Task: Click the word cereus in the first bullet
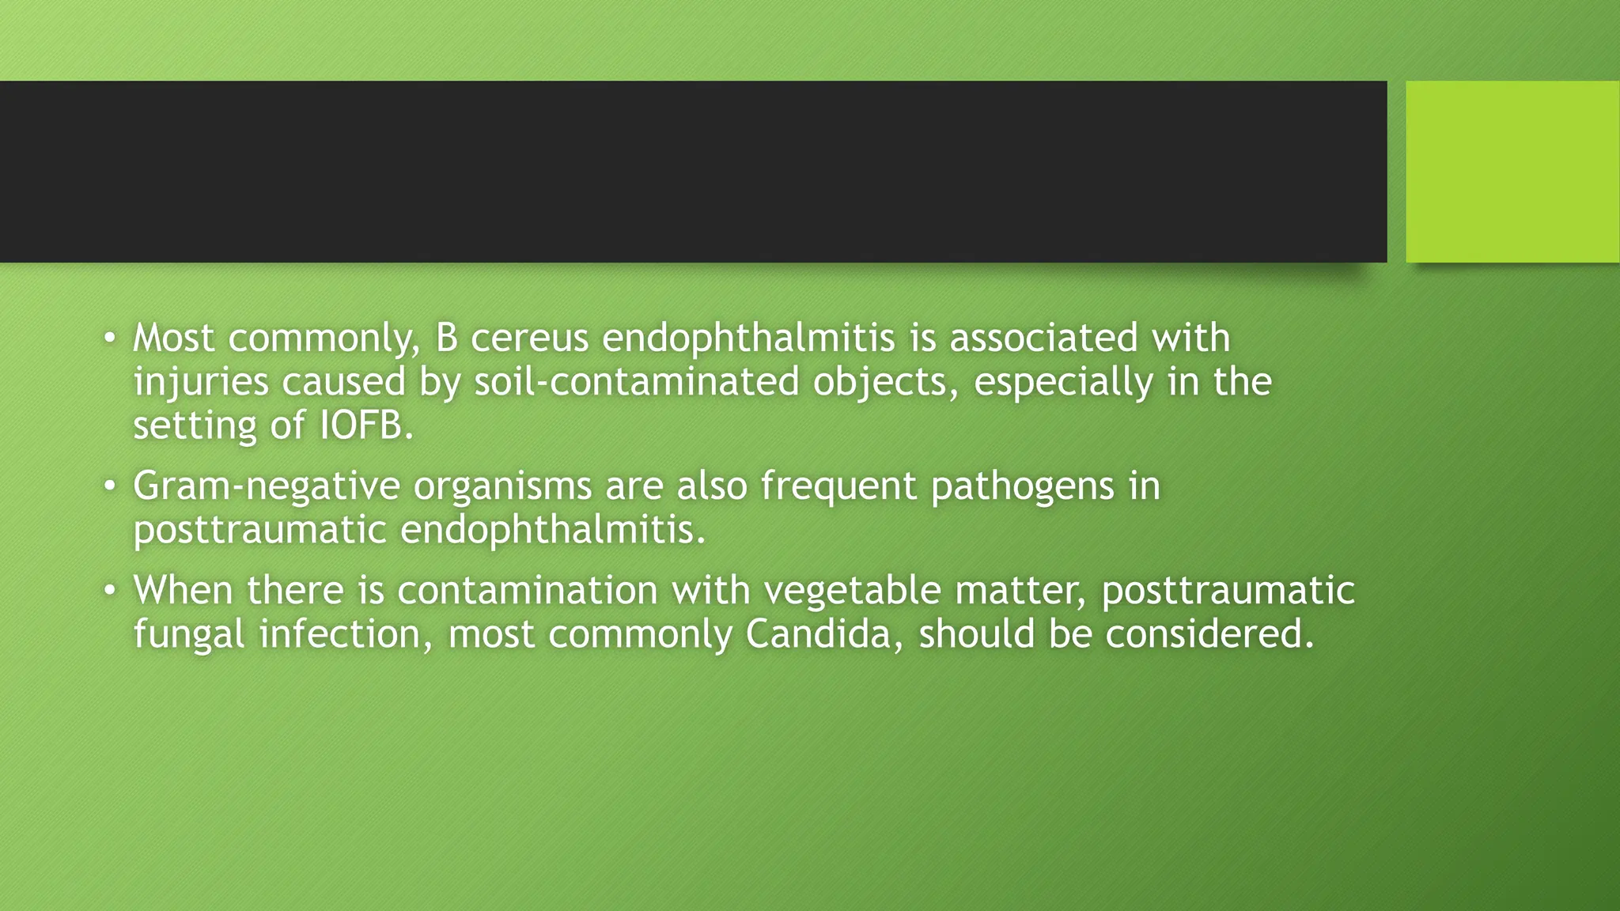click(529, 338)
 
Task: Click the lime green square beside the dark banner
click(1512, 172)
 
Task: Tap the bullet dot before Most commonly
click(111, 339)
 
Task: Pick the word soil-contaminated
click(637, 383)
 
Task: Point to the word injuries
click(201, 383)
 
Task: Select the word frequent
click(838, 486)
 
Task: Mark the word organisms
click(502, 486)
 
